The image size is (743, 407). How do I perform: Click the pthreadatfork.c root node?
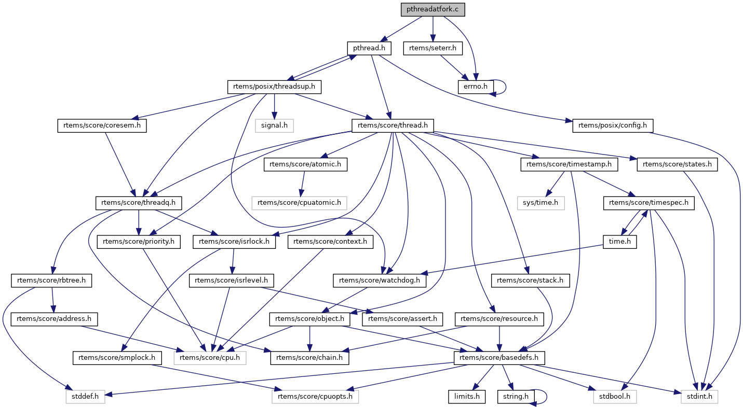[x=433, y=9]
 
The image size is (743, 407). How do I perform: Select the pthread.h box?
[x=369, y=48]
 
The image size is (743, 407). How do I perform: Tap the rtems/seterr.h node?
[x=433, y=48]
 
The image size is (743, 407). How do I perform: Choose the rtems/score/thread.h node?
[x=393, y=125]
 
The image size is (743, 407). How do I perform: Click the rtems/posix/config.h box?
[x=613, y=125]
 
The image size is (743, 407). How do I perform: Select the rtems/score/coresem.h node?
[x=102, y=125]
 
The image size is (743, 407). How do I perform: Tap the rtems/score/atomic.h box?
[x=306, y=164]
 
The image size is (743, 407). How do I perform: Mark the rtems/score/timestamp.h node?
[x=570, y=164]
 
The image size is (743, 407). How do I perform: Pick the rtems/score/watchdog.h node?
[x=382, y=280]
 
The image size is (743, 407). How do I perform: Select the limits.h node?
[x=467, y=397]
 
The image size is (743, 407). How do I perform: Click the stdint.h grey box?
[x=700, y=397]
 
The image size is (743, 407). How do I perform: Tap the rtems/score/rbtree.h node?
[x=51, y=280]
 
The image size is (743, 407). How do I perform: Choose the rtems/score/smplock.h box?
[x=117, y=358]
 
